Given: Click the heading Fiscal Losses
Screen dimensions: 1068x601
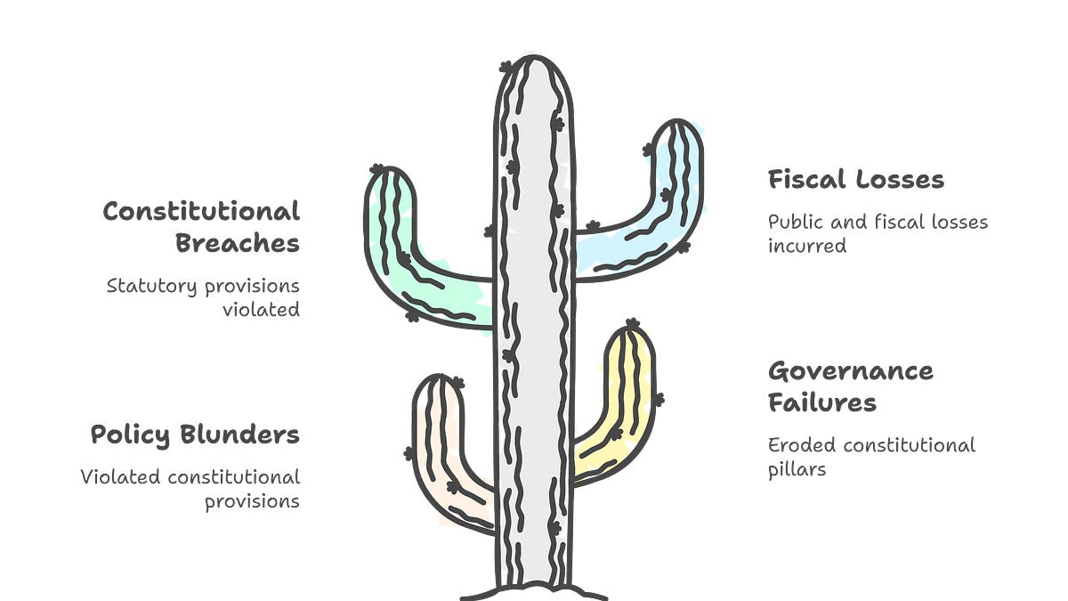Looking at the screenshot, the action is pyautogui.click(x=856, y=180).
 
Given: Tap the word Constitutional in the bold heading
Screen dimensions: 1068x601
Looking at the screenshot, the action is pyautogui.click(x=201, y=211).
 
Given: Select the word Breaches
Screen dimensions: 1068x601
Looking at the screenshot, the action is pyautogui.click(x=238, y=243).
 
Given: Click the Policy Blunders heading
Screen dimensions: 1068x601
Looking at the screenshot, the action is pyautogui.click(x=195, y=435).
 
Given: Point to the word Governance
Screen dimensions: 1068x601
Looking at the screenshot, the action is pyautogui.click(x=851, y=371).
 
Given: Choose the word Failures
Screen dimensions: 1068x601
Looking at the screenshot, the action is pyautogui.click(x=822, y=402).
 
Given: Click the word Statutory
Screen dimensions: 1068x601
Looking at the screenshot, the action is pyautogui.click(x=151, y=287).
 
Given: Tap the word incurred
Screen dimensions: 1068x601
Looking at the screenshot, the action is pyautogui.click(x=807, y=246).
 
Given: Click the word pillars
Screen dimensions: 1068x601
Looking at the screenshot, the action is pyautogui.click(x=797, y=470).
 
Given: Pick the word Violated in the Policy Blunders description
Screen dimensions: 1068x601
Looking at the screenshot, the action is pyautogui.click(x=120, y=477).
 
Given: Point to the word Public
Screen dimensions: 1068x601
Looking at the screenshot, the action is pyautogui.click(x=796, y=223).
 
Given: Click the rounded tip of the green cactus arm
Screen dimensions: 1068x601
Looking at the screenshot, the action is pyautogui.click(x=391, y=168).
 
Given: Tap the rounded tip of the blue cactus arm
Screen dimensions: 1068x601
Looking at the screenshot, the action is pyautogui.click(x=677, y=121).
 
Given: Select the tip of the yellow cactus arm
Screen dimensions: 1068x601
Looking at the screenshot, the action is pyautogui.click(x=630, y=329).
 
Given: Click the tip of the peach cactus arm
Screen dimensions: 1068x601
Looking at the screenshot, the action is pyautogui.click(x=438, y=377).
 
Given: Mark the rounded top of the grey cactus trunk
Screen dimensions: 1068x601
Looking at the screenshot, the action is pyautogui.click(x=534, y=58).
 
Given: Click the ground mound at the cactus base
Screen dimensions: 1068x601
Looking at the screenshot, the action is pyautogui.click(x=534, y=592).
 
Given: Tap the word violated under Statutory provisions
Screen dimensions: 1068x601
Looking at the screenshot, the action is pyautogui.click(x=262, y=310).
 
